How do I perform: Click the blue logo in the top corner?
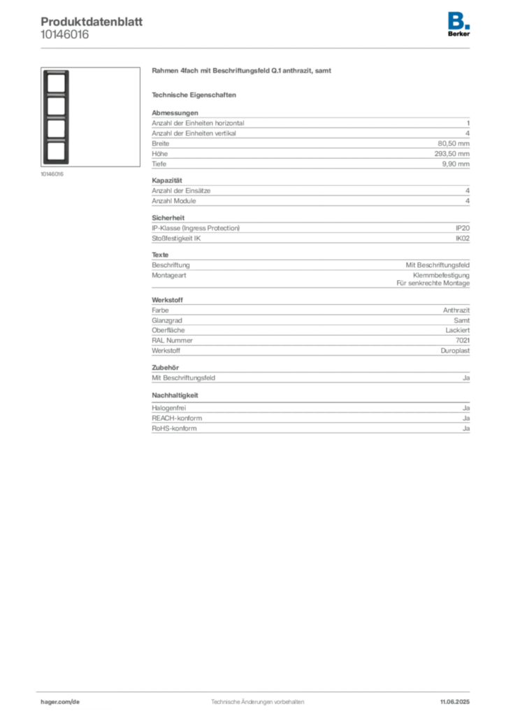pos(459,20)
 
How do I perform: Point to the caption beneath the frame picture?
pos(53,176)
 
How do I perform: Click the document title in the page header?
pos(91,20)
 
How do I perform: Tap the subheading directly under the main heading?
pos(196,94)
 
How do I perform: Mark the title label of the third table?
pos(168,300)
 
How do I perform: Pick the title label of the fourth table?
pos(168,366)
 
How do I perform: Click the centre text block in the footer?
pos(256,699)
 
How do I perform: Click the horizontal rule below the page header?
pos(257,48)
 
